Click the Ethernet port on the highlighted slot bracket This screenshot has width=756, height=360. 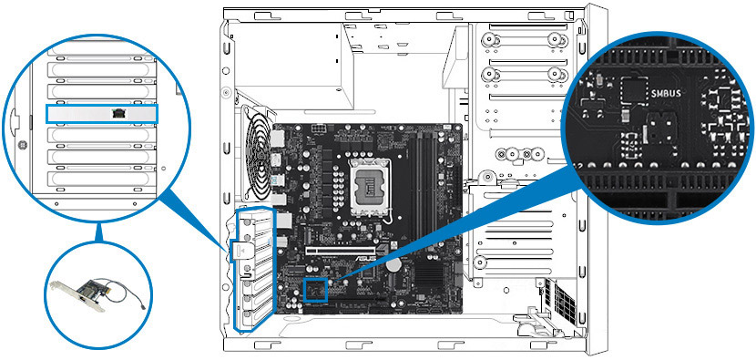pos(117,114)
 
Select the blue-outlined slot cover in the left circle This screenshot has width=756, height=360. pos(101,114)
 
